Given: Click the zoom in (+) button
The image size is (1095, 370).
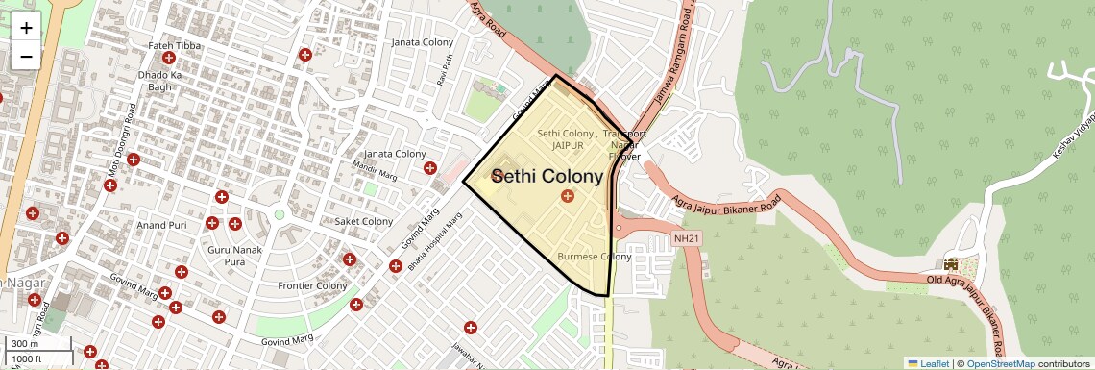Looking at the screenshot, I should [x=26, y=28].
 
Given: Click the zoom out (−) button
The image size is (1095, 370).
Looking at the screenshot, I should [x=26, y=56].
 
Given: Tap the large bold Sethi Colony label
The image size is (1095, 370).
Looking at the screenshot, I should [x=547, y=176].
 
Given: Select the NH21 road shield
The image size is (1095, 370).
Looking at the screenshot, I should [x=685, y=237].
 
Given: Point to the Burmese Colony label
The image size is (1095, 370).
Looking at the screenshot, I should [x=595, y=257].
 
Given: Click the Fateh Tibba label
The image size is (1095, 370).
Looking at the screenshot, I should [x=173, y=46].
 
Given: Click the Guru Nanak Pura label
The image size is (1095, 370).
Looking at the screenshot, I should [x=227, y=256].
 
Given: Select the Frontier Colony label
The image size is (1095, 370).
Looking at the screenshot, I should [x=311, y=285].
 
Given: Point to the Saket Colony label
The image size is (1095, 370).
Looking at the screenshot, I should [x=363, y=221].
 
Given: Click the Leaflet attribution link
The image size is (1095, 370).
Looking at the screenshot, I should [x=928, y=363].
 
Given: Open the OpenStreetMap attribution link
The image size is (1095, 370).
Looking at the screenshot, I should [x=1000, y=363].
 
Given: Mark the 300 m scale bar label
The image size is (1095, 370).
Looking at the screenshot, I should [x=24, y=344].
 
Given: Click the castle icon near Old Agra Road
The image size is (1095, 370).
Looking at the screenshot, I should [x=951, y=264].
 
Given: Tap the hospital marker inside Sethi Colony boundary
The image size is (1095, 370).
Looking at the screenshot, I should [x=567, y=196].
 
